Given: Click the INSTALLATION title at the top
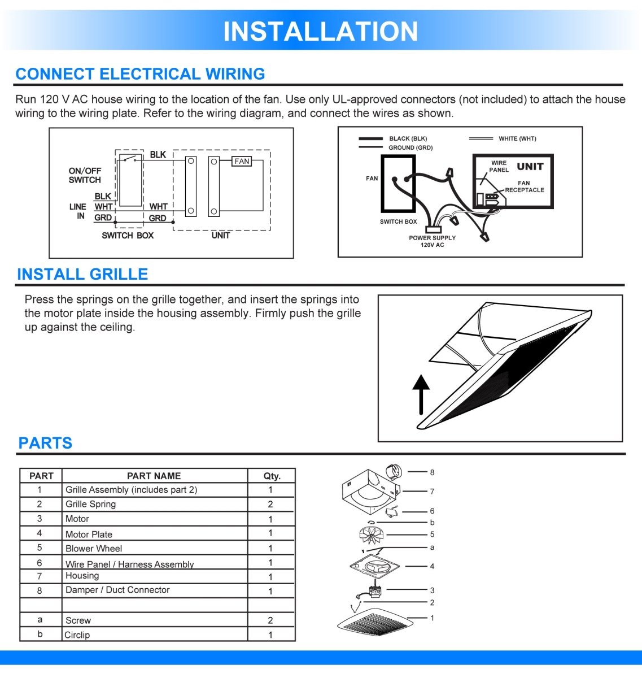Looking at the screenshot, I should point(320,32).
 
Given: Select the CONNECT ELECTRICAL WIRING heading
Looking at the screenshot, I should point(140,74).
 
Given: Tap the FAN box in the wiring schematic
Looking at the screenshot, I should point(242,162).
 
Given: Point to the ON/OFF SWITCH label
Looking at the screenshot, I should point(85,175).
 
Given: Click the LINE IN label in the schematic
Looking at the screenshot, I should point(78,211).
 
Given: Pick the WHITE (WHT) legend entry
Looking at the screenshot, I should point(517,138).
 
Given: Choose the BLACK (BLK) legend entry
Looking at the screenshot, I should point(408,138).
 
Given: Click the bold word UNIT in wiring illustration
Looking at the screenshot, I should point(530,167).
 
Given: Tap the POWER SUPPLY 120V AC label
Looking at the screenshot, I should point(432,241).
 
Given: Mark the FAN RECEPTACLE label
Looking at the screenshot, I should point(524,186).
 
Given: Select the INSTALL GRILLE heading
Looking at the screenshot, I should point(82,275).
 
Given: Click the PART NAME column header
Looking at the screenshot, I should point(154,476).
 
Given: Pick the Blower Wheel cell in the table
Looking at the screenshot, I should point(94,549).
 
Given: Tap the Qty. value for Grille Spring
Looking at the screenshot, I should point(270,504).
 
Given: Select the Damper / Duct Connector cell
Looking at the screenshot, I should point(117,590).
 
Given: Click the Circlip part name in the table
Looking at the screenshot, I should point(77,635).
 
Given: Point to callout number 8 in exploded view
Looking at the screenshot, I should point(432,472).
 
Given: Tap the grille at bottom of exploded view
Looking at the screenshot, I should point(372,623).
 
